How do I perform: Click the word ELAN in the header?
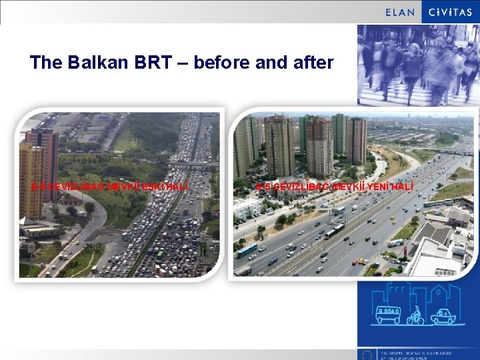[x=400, y=12]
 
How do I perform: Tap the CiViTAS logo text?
[x=451, y=12]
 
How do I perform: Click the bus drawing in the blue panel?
[x=389, y=314]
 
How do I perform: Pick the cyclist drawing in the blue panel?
[x=415, y=315]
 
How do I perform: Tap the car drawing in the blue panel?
[x=443, y=316]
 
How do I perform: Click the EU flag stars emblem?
[x=367, y=354]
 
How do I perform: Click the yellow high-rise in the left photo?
[x=31, y=180]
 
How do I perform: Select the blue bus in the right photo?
[x=247, y=251]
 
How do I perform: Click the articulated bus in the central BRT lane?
[x=334, y=231]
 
